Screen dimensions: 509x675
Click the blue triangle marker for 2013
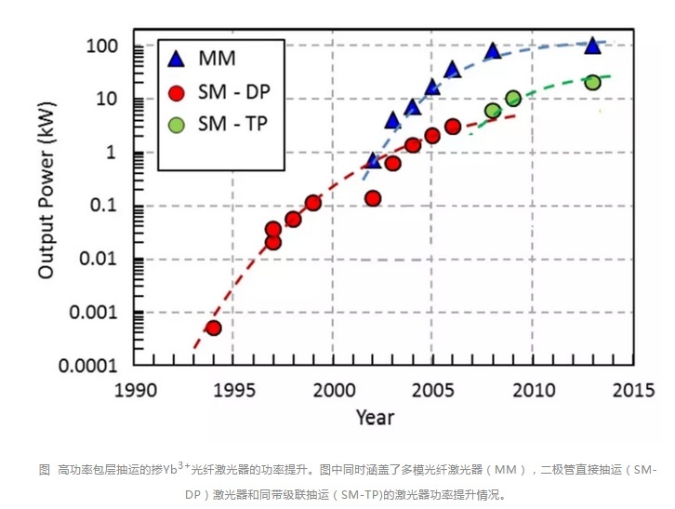tap(591, 46)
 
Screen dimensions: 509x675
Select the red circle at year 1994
tap(213, 328)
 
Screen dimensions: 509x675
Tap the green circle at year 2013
tap(592, 82)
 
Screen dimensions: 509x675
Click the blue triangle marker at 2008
tap(493, 51)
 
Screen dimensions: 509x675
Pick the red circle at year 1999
tap(313, 203)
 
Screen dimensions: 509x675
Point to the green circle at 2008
tap(493, 111)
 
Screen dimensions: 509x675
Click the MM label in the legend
tap(217, 60)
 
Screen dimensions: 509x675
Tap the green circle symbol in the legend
tap(176, 124)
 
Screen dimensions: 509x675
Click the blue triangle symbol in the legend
tap(176, 60)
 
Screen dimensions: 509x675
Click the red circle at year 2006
tap(453, 127)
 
